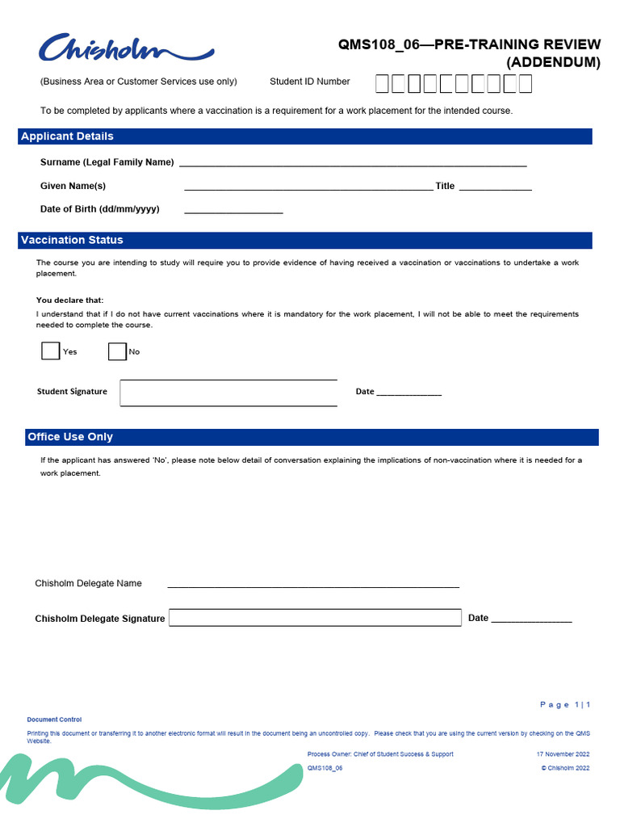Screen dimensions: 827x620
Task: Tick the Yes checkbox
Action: pyautogui.click(x=50, y=351)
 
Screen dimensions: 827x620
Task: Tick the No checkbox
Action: pyautogui.click(x=117, y=351)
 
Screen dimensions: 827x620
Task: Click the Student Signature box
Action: pyautogui.click(x=228, y=393)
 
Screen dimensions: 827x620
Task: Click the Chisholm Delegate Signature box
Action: pyautogui.click(x=315, y=618)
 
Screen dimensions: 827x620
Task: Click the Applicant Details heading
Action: pyautogui.click(x=68, y=136)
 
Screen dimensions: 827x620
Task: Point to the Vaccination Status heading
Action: pyautogui.click(x=73, y=240)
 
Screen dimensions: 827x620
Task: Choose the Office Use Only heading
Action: pyautogui.click(x=70, y=437)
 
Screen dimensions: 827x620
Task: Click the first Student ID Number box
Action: pyautogui.click(x=383, y=82)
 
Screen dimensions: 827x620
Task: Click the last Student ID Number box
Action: pyautogui.click(x=525, y=82)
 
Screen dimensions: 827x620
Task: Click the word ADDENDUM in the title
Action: pyautogui.click(x=553, y=62)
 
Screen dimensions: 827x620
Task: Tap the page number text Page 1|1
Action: pyautogui.click(x=565, y=705)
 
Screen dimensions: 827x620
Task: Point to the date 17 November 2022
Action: pyautogui.click(x=563, y=754)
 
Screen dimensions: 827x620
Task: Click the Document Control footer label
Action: pyautogui.click(x=54, y=720)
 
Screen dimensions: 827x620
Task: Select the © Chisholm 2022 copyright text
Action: pyautogui.click(x=565, y=768)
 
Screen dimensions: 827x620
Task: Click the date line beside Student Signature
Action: pyautogui.click(x=409, y=393)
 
